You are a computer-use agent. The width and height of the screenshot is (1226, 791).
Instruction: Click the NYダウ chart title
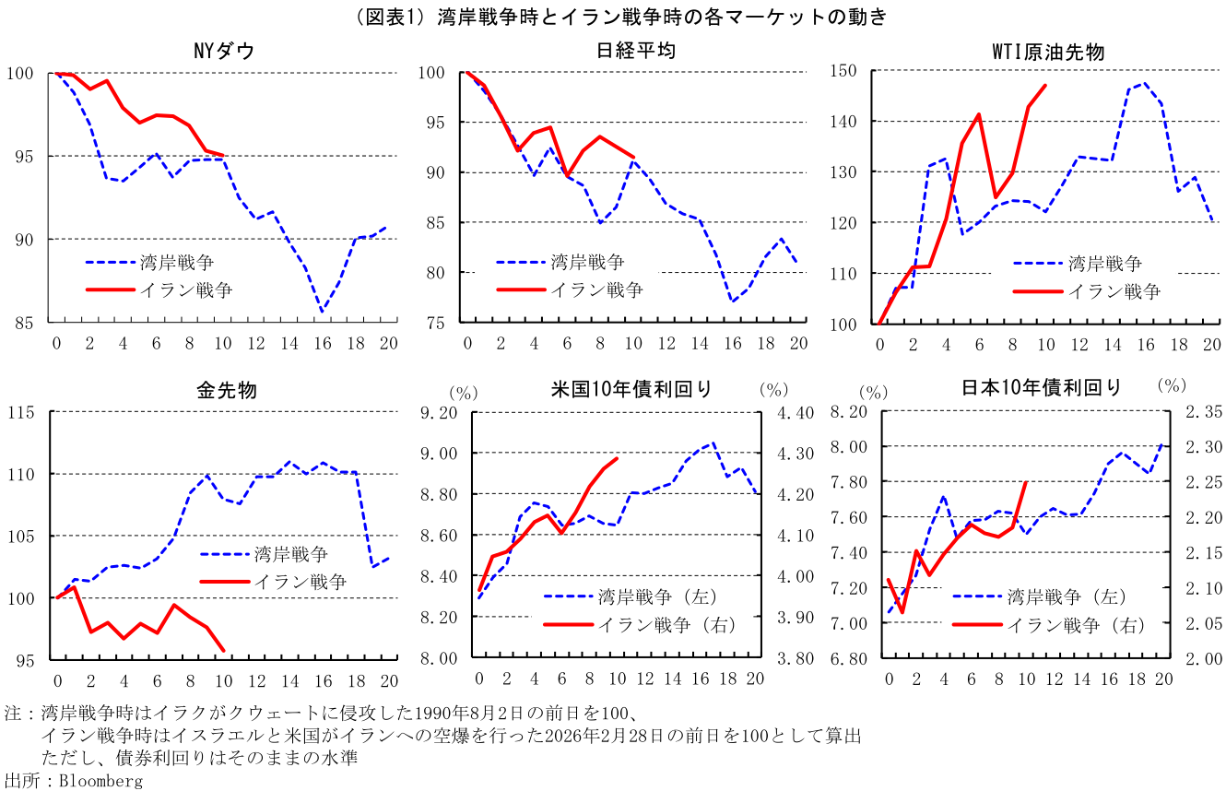[223, 51]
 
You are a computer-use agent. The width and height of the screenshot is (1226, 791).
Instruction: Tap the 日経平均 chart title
[635, 51]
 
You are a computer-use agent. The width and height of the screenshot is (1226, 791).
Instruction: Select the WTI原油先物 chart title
[1047, 52]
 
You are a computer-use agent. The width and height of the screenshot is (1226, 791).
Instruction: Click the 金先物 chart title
[226, 389]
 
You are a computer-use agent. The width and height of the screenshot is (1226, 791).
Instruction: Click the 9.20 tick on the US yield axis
[441, 412]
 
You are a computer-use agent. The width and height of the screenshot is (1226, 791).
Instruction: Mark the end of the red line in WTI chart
[1045, 86]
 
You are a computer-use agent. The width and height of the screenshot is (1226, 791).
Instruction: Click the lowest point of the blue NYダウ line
[323, 313]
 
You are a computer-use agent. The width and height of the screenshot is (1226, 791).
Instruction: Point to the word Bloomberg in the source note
[100, 781]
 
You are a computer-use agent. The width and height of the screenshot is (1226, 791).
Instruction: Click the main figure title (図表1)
[613, 16]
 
